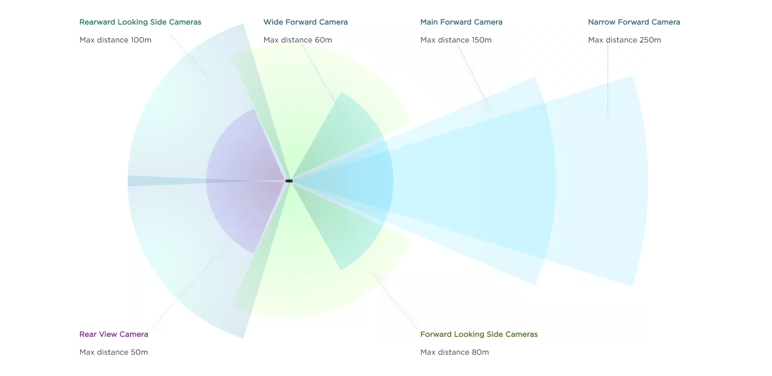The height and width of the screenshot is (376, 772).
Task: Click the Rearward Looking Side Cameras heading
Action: [x=140, y=22]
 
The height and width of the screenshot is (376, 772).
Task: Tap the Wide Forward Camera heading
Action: [x=306, y=22]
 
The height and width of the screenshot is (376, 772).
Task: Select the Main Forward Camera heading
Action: [x=461, y=22]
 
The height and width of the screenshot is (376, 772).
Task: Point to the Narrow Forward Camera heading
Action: [x=634, y=22]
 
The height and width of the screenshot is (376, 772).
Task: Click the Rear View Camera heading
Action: [x=114, y=334]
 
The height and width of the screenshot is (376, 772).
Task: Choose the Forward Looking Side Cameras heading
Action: [x=479, y=334]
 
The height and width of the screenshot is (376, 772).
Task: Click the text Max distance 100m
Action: [x=115, y=40]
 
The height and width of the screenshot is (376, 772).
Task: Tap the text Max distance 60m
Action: [x=297, y=40]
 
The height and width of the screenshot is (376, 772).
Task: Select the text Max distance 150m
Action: [x=456, y=40]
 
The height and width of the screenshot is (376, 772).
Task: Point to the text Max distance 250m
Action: [x=624, y=40]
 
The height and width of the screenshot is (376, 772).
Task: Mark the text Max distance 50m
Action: [x=114, y=352]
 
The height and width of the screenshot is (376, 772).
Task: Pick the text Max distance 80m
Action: [x=454, y=352]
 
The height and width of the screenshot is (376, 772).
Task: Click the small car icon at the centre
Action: [x=289, y=181]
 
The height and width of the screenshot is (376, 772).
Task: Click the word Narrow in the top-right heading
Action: [x=601, y=22]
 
